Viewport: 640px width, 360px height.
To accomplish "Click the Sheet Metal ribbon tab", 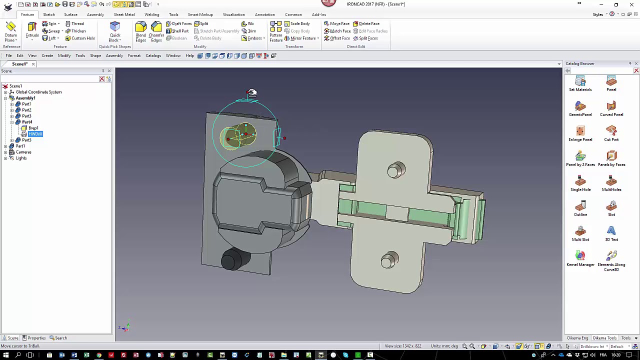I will [x=124, y=14].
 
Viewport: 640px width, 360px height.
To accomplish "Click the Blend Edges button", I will [x=141, y=31].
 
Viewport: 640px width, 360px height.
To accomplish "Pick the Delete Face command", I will [x=366, y=23].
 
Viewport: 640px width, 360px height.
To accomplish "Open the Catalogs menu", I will [x=153, y=55].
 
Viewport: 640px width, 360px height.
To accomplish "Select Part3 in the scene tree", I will [x=26, y=116].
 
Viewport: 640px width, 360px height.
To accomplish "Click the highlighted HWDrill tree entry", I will [x=35, y=134].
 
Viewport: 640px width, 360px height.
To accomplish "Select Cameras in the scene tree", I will [x=23, y=152].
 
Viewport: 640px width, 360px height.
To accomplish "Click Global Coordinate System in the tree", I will [x=38, y=92].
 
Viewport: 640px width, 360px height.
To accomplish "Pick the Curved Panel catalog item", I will [x=611, y=108].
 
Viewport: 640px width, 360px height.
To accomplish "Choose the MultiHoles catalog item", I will [x=611, y=183].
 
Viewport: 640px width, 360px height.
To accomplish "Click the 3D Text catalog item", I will [x=611, y=233].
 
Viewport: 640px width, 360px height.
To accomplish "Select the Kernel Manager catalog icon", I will [x=580, y=258].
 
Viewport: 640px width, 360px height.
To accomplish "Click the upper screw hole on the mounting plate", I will [x=395, y=170].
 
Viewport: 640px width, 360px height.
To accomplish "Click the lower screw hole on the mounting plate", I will [x=389, y=260].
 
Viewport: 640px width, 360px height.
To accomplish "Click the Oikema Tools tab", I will [x=604, y=338].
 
